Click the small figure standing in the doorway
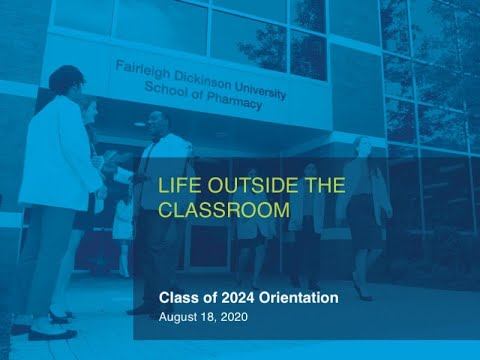pyautogui.click(x=122, y=225)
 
